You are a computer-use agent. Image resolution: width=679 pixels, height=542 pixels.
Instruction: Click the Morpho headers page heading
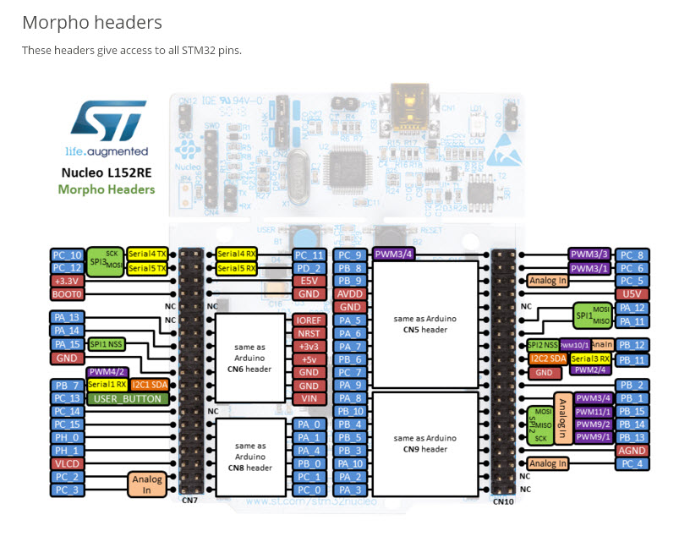pyautogui.click(x=92, y=23)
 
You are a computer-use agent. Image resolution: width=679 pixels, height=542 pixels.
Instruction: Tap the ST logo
pyautogui.click(x=107, y=122)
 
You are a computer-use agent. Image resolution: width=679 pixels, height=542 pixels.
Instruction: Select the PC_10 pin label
pyautogui.click(x=67, y=255)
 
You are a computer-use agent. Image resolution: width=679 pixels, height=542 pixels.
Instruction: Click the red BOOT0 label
pyautogui.click(x=67, y=294)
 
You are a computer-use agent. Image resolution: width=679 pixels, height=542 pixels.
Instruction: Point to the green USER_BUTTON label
pyautogui.click(x=128, y=398)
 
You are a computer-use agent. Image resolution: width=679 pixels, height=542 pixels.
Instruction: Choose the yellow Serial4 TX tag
pyautogui.click(x=147, y=254)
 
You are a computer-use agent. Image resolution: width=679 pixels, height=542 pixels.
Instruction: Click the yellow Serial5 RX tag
pyautogui.click(x=238, y=268)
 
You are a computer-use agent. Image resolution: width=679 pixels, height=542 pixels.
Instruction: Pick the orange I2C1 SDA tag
pyautogui.click(x=149, y=386)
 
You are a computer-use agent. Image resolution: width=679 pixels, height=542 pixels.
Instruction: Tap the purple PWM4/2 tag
pyautogui.click(x=107, y=372)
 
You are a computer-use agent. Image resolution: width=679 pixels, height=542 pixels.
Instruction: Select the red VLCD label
pyautogui.click(x=67, y=464)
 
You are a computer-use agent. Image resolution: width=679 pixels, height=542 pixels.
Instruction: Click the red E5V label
pyautogui.click(x=309, y=281)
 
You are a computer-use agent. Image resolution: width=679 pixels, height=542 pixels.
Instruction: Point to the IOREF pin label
pyautogui.click(x=309, y=320)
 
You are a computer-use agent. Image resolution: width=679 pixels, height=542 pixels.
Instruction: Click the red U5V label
pyautogui.click(x=632, y=293)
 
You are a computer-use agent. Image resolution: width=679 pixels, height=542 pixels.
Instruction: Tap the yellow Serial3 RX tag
pyautogui.click(x=590, y=359)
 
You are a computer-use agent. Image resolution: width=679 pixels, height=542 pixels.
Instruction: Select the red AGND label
pyautogui.click(x=632, y=451)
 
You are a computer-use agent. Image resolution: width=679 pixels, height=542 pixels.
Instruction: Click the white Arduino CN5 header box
pyautogui.click(x=426, y=324)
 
